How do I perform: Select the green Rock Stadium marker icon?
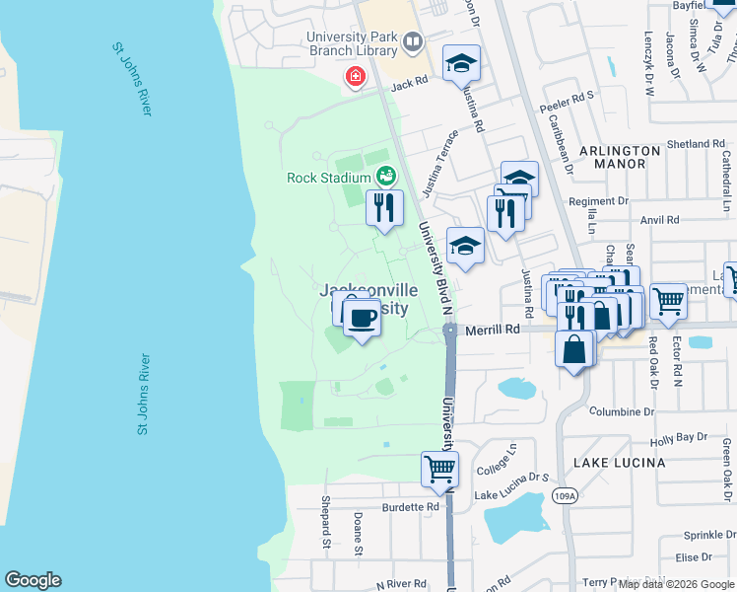(385, 178)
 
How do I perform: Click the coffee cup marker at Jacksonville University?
(363, 318)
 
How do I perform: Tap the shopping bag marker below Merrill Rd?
(574, 348)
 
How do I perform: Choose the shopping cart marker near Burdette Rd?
(439, 469)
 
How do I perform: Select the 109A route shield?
(564, 494)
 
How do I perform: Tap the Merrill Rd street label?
(493, 331)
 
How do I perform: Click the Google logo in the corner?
(33, 580)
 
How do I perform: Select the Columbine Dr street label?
(622, 411)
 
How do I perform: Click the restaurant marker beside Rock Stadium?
(384, 207)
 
